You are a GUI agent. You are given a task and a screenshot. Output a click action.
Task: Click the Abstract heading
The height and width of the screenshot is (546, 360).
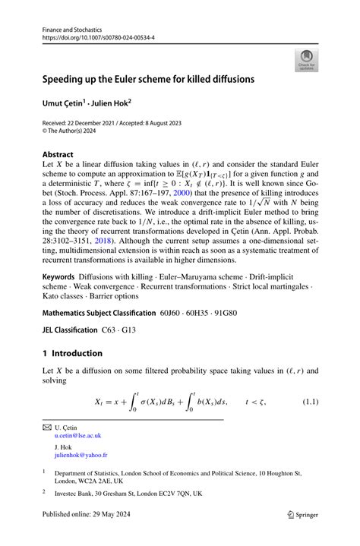(x=58, y=153)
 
